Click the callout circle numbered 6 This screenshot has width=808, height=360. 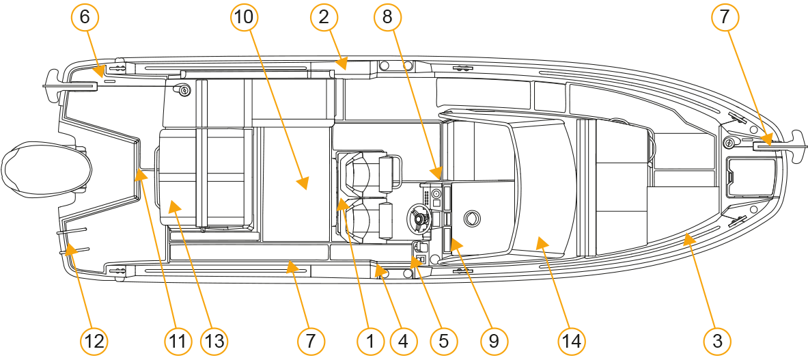point(85,18)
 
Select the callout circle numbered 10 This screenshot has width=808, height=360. point(243,18)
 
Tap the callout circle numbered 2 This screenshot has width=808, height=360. point(324,18)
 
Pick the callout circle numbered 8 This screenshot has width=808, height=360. point(387,18)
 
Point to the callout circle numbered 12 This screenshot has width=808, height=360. point(94,341)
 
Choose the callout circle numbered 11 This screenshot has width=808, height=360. point(178,341)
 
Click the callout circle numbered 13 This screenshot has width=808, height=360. point(214,341)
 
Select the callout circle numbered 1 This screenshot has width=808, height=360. point(370,341)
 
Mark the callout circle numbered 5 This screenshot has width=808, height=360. point(443,341)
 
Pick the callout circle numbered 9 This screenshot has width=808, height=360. point(494,341)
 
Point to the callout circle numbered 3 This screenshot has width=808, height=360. point(717,341)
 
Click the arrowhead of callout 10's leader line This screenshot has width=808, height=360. point(303,183)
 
